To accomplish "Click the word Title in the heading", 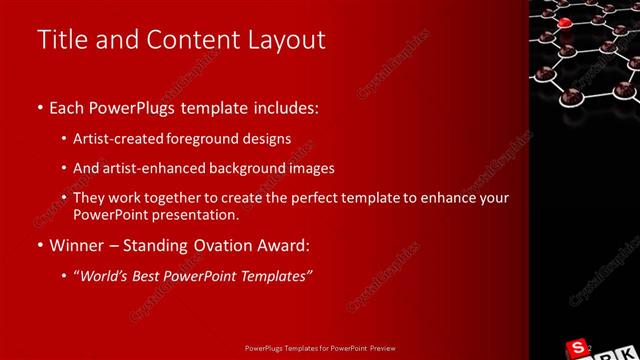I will tap(60, 40).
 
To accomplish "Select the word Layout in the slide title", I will tap(285, 40).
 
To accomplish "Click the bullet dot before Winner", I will tap(39, 245).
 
